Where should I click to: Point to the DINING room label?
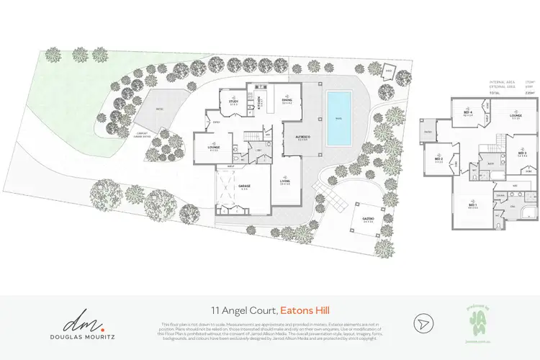tap(287, 102)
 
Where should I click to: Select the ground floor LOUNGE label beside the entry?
tap(213, 148)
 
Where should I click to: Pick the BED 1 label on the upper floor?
tap(472, 205)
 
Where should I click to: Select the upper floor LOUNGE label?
tap(516, 115)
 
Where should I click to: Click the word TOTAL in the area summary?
tap(495, 93)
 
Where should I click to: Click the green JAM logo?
tap(471, 318)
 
